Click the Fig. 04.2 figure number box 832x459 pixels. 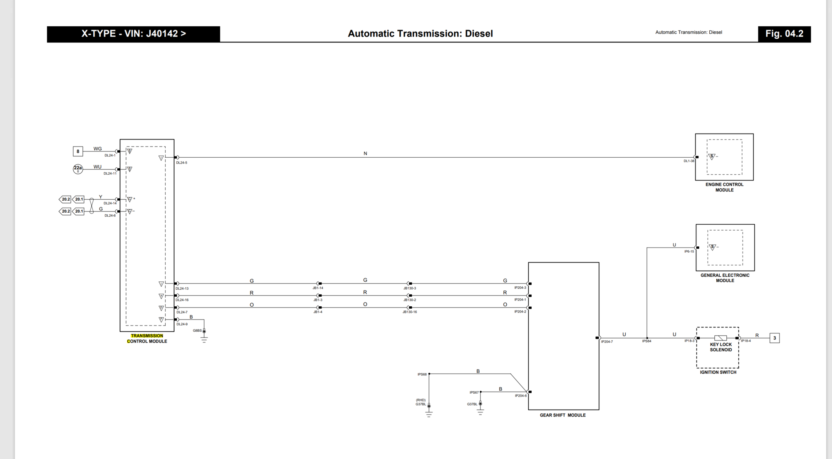784,34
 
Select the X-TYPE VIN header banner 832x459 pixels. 134,34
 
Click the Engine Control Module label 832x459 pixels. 724,187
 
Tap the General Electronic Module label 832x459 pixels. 725,278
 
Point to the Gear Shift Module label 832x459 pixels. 562,415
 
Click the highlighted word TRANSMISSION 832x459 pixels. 147,336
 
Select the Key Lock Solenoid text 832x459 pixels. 721,347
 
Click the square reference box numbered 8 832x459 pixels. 78,151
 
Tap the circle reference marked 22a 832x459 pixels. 78,169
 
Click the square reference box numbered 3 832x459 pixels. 774,338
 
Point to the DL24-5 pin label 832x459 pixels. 182,163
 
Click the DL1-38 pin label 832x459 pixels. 689,161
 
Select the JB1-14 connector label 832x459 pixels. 318,288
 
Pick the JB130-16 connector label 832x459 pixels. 409,312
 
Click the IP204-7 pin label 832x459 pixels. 607,342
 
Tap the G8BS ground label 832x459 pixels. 197,331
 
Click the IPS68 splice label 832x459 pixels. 422,375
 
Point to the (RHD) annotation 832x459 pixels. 421,400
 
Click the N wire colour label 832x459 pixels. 365,154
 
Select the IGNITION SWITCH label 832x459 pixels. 718,372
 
